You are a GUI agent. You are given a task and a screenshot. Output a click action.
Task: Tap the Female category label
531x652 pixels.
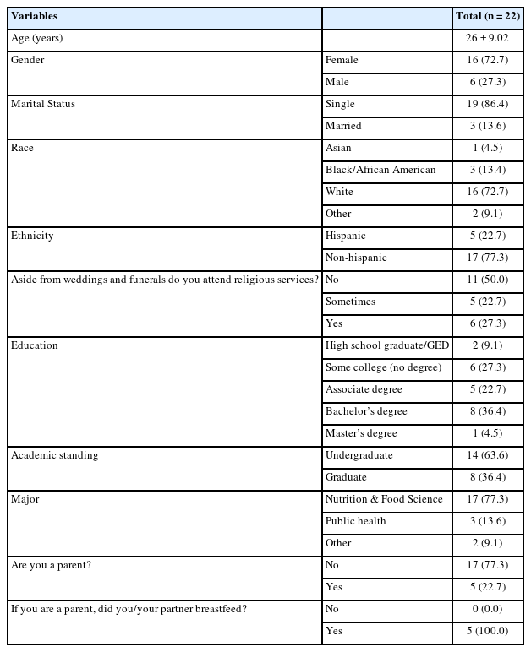(342, 60)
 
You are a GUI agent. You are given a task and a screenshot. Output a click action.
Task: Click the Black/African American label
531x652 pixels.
(380, 170)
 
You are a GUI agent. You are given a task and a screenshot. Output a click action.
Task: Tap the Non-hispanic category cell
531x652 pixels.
(356, 258)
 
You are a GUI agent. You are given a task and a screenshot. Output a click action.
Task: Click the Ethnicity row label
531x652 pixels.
(32, 236)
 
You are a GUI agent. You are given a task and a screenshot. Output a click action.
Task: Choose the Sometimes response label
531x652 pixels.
(350, 302)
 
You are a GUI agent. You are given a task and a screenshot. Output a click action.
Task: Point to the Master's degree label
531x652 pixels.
(361, 433)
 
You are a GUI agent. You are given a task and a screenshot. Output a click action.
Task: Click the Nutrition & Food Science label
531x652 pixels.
(384, 499)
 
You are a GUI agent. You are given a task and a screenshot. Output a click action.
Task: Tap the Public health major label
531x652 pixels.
(356, 521)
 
